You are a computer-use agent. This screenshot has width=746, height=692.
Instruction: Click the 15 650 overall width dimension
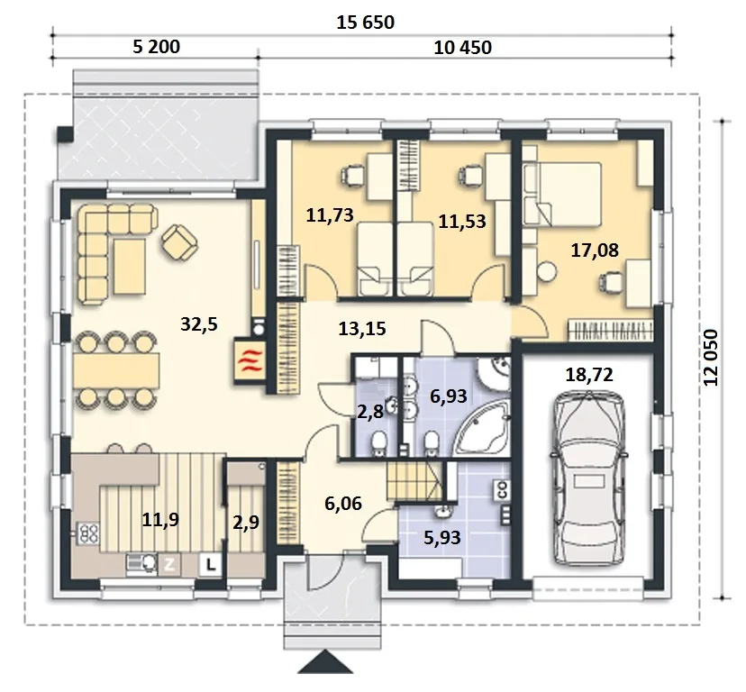tap(366, 23)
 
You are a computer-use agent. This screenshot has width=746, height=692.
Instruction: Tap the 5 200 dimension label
tap(156, 47)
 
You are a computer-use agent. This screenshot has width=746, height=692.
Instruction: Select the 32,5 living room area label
tap(199, 324)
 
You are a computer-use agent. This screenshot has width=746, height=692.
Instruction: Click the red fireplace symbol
tap(250, 360)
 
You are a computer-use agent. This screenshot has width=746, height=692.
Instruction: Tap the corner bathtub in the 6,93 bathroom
tap(481, 428)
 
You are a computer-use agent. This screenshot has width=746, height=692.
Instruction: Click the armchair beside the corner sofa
tap(179, 242)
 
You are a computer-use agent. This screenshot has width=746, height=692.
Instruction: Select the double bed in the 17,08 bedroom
tap(562, 194)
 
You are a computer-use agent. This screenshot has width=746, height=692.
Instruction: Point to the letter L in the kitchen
tap(210, 565)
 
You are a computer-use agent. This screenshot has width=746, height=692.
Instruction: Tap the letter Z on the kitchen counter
tap(169, 565)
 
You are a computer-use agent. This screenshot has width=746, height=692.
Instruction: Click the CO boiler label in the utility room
tap(502, 489)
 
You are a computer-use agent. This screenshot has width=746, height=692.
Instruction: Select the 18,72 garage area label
tap(589, 375)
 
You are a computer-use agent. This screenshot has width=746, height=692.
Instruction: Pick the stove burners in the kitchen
tap(88, 533)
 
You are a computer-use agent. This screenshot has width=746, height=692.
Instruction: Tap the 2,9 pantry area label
tap(246, 522)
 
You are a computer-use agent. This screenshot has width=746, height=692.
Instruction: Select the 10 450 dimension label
tap(462, 48)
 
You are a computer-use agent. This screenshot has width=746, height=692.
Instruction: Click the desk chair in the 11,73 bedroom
tap(352, 176)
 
